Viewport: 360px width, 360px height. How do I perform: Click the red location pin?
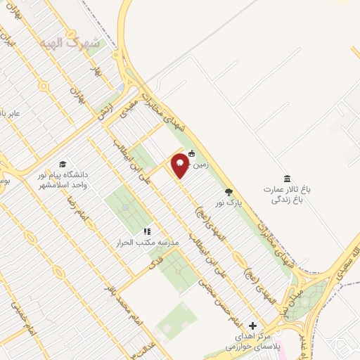click(179, 164)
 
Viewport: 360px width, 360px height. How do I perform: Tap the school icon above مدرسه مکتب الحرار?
click(147, 231)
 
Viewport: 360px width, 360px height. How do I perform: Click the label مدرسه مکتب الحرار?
click(148, 243)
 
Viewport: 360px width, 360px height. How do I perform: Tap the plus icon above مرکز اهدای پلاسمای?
click(252, 326)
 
